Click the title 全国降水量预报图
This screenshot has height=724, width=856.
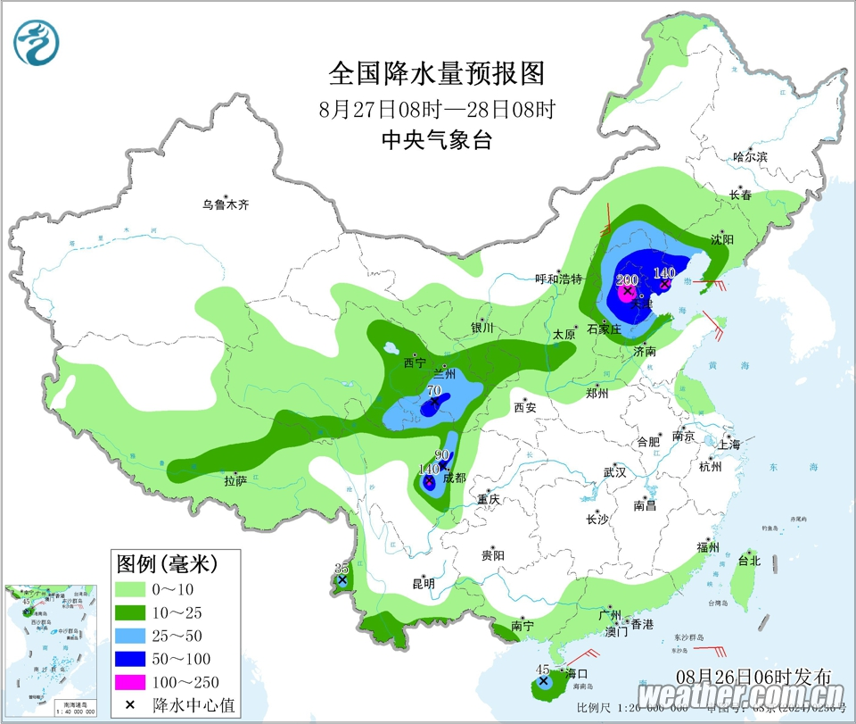pos(436,72)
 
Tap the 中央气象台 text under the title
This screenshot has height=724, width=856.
pos(436,140)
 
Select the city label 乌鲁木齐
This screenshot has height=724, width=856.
pos(225,204)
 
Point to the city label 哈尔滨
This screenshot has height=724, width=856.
pos(750,156)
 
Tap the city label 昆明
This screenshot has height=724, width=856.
pos(424,584)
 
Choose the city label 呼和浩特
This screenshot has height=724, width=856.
pos(558,279)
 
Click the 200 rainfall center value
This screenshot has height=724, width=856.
pos(628,279)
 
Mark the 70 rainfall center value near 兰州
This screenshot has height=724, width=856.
pos(434,391)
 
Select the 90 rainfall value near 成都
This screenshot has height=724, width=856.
pos(442,455)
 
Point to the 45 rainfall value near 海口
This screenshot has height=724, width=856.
pos(541,670)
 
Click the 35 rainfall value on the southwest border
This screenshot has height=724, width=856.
pos(341,569)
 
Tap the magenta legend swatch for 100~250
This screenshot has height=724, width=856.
pos(130,682)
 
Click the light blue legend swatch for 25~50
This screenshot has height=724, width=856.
pos(130,636)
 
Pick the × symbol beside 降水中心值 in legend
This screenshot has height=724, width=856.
pos(130,705)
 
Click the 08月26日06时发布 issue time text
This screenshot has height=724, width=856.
pos(754,676)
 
